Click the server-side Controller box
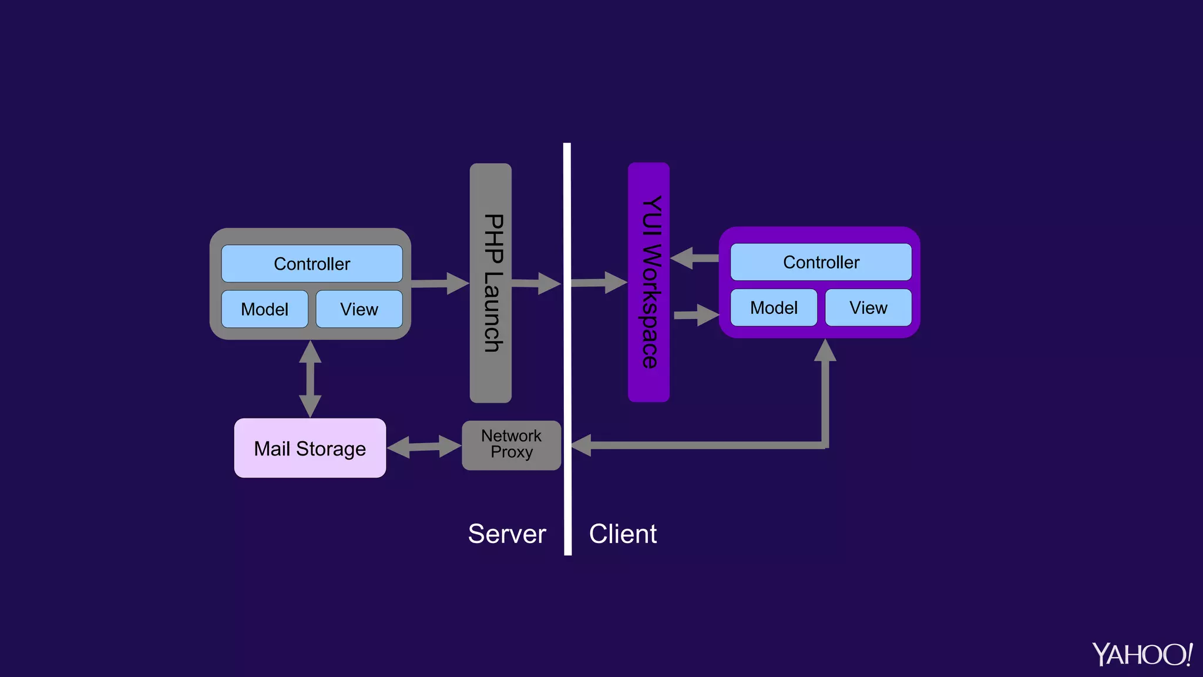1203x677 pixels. (x=312, y=264)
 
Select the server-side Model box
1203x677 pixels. (x=264, y=309)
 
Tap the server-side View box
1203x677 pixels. (x=359, y=309)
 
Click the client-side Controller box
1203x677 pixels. (x=821, y=262)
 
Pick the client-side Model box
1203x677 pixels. (x=774, y=307)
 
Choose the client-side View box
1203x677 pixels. (x=868, y=307)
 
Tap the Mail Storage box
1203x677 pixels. (x=310, y=448)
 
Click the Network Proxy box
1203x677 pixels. (x=511, y=445)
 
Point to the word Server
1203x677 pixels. (x=507, y=534)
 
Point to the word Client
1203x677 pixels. (x=623, y=534)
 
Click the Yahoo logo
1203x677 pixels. (x=1142, y=654)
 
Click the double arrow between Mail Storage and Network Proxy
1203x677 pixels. (x=424, y=447)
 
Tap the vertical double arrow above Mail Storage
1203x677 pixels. (x=310, y=379)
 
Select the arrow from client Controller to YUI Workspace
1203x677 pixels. (x=695, y=258)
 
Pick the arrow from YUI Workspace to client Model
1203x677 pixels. (x=696, y=315)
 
